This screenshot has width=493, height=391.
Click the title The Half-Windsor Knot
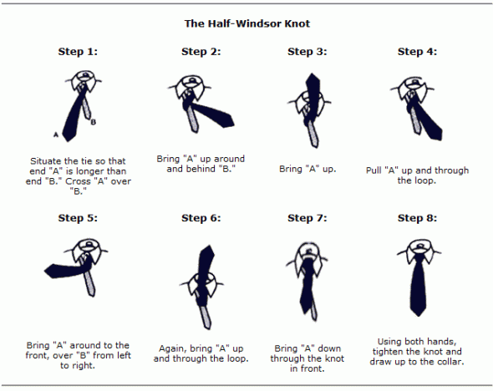click(246, 23)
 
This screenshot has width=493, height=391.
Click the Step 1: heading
click(78, 52)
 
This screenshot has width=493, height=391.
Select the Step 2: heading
click(201, 52)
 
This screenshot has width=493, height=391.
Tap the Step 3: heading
click(307, 52)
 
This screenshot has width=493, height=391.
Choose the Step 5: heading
click(78, 218)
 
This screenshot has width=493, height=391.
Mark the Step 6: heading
click(201, 218)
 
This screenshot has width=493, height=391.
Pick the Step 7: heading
click(307, 218)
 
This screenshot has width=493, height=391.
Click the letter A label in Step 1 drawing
click(55, 134)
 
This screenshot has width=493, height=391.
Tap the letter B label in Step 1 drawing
click(94, 122)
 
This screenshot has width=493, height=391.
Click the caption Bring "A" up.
click(307, 170)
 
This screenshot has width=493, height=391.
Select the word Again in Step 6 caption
click(171, 348)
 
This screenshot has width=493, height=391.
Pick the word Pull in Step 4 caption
click(375, 170)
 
